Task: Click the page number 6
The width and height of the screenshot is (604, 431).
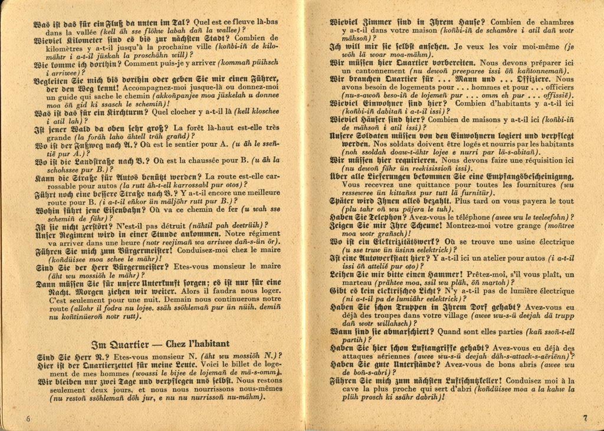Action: tap(28, 418)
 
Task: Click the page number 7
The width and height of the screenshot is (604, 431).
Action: tap(585, 418)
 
